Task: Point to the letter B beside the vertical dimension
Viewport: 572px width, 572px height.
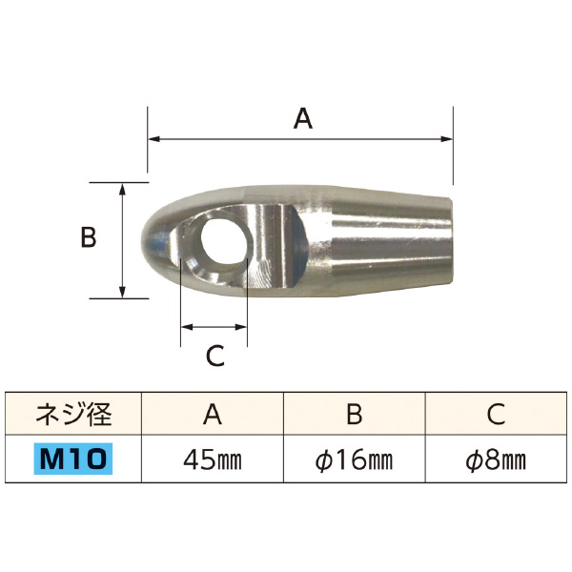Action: [88, 237]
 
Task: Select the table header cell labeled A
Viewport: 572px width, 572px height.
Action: [213, 413]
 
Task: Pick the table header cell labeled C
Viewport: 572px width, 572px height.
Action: [495, 413]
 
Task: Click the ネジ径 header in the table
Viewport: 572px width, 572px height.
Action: [74, 413]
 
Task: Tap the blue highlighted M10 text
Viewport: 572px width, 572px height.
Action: [74, 460]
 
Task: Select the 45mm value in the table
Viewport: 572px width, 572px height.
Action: [213, 460]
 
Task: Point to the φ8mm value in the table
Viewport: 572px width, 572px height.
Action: [495, 460]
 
